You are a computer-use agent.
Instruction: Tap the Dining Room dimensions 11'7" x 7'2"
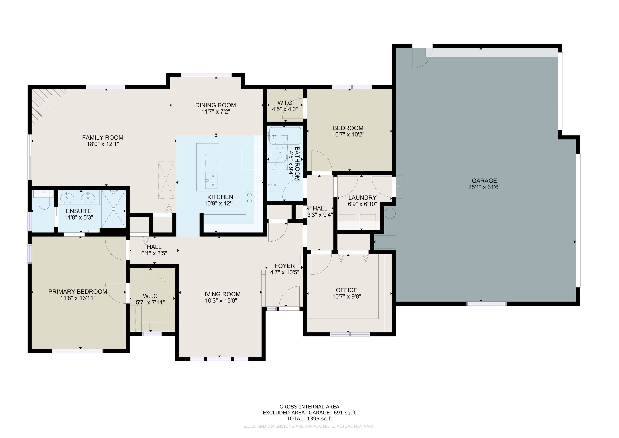coord(215,112)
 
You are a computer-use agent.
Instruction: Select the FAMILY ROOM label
coord(103,138)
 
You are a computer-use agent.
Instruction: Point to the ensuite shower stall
coord(113,209)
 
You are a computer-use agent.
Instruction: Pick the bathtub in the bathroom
coord(286,136)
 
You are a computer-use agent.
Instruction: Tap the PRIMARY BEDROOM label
coord(78,292)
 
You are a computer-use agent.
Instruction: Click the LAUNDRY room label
coord(362,198)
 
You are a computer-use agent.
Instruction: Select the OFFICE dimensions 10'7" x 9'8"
coord(346,297)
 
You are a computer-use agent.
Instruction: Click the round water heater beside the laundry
coord(390,213)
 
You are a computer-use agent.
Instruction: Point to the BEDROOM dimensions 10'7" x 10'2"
coord(348,134)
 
